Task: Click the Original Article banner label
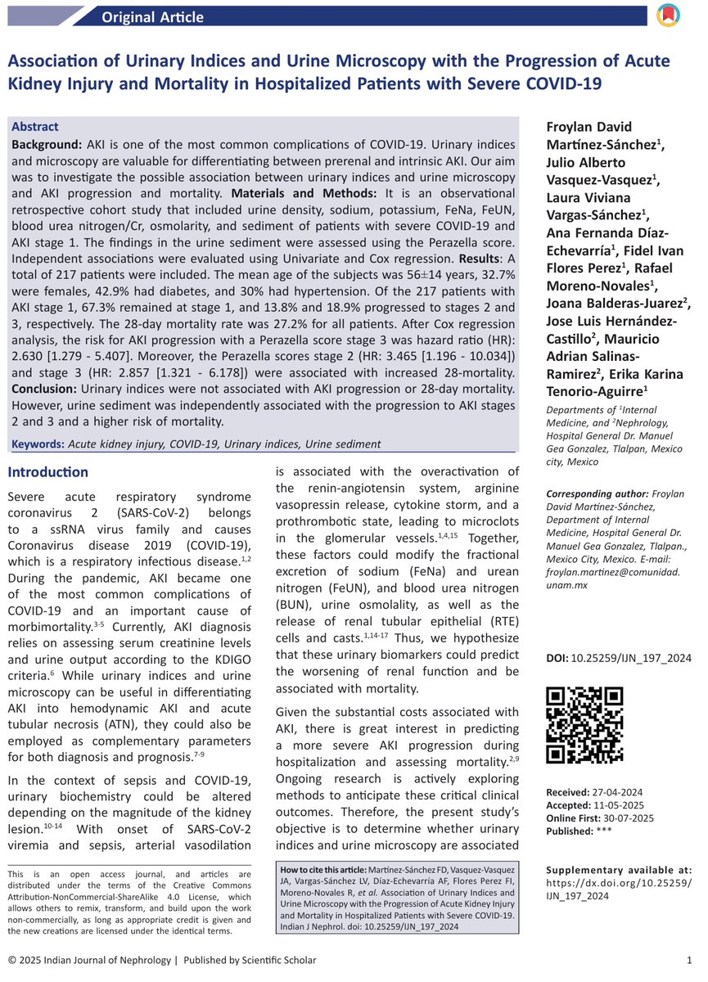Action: point(153,17)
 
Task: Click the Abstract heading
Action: point(35,127)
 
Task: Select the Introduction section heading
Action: point(47,472)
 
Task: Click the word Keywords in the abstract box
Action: point(38,444)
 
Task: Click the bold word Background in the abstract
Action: point(46,144)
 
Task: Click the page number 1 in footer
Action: point(689,960)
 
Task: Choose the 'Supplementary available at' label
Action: point(618,870)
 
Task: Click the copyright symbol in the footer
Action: point(12,960)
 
